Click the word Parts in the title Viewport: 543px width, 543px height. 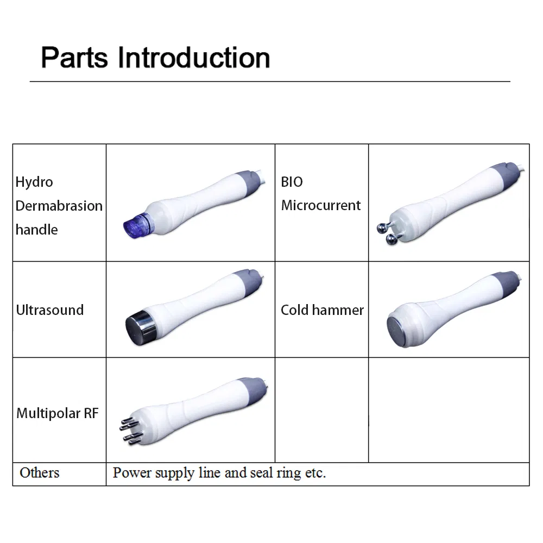[x=74, y=58]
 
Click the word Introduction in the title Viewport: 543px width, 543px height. [x=194, y=58]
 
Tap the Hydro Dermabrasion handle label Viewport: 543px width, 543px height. [x=59, y=206]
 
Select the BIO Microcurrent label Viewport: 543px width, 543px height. [x=321, y=194]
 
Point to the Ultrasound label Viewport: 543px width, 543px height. [x=50, y=310]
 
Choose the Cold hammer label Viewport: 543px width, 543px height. [x=322, y=310]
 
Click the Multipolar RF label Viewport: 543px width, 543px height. [x=58, y=413]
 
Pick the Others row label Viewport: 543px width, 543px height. [x=40, y=473]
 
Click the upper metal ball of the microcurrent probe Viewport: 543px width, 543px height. [x=383, y=228]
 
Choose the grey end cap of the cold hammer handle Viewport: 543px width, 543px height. [x=506, y=283]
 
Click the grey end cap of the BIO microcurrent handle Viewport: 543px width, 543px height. [x=507, y=175]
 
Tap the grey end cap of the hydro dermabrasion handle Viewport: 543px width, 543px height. [x=248, y=183]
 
